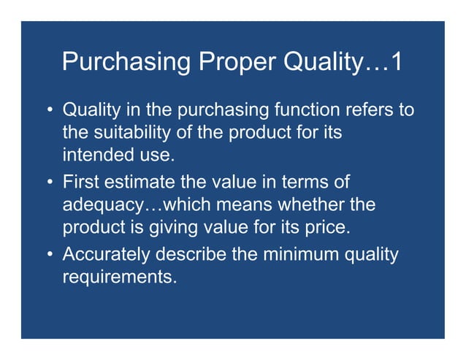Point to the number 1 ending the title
click(x=394, y=62)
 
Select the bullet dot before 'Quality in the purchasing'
click(x=49, y=111)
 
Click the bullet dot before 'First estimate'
click(x=49, y=182)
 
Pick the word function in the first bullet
click(x=307, y=111)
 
